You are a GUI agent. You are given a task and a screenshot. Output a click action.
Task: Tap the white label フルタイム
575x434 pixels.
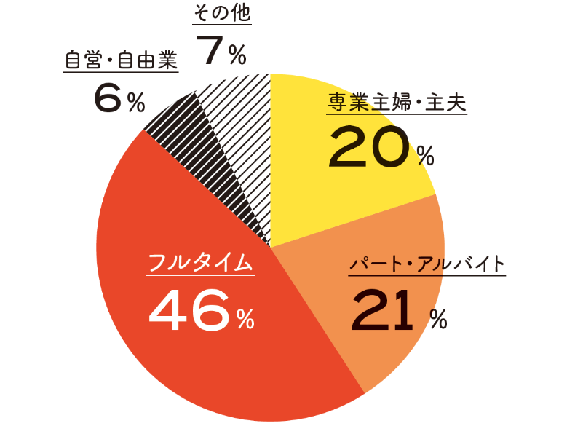(x=201, y=264)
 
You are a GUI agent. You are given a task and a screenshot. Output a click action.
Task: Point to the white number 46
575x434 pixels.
(x=189, y=309)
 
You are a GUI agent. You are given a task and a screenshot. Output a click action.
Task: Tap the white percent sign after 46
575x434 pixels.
(x=245, y=318)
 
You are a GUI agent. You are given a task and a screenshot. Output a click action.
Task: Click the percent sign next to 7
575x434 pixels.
(x=237, y=56)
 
